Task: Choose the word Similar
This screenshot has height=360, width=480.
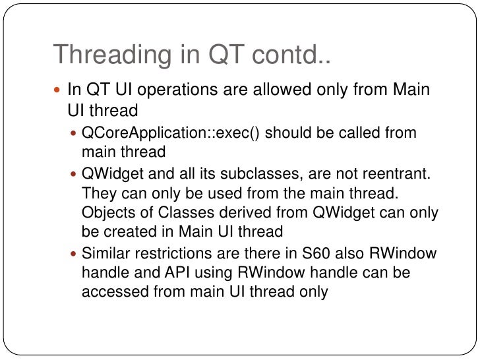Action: point(105,255)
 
